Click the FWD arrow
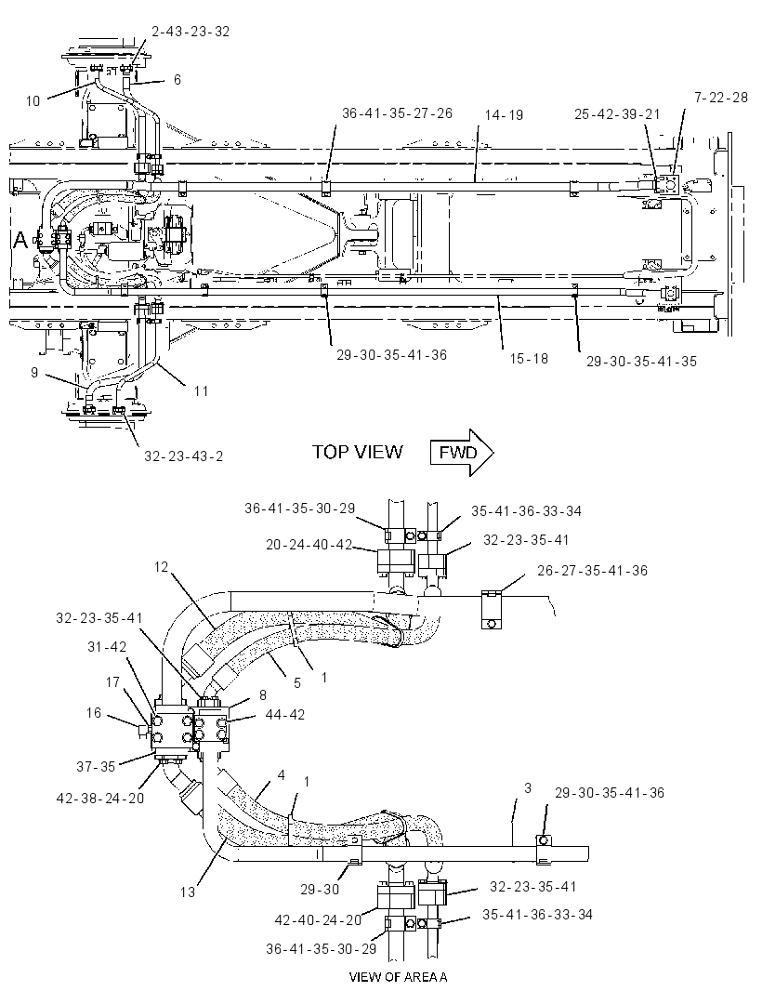pyautogui.click(x=461, y=453)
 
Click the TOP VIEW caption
pyautogui.click(x=357, y=452)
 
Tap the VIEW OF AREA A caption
pyautogui.click(x=398, y=977)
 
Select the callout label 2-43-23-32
pyautogui.click(x=190, y=32)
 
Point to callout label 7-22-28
pyautogui.click(x=720, y=98)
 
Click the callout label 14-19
pyautogui.click(x=504, y=115)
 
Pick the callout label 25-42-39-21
pyautogui.click(x=617, y=113)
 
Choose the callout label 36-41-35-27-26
pyautogui.click(x=397, y=113)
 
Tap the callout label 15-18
pyautogui.click(x=529, y=358)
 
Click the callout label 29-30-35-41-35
pyautogui.click(x=641, y=362)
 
